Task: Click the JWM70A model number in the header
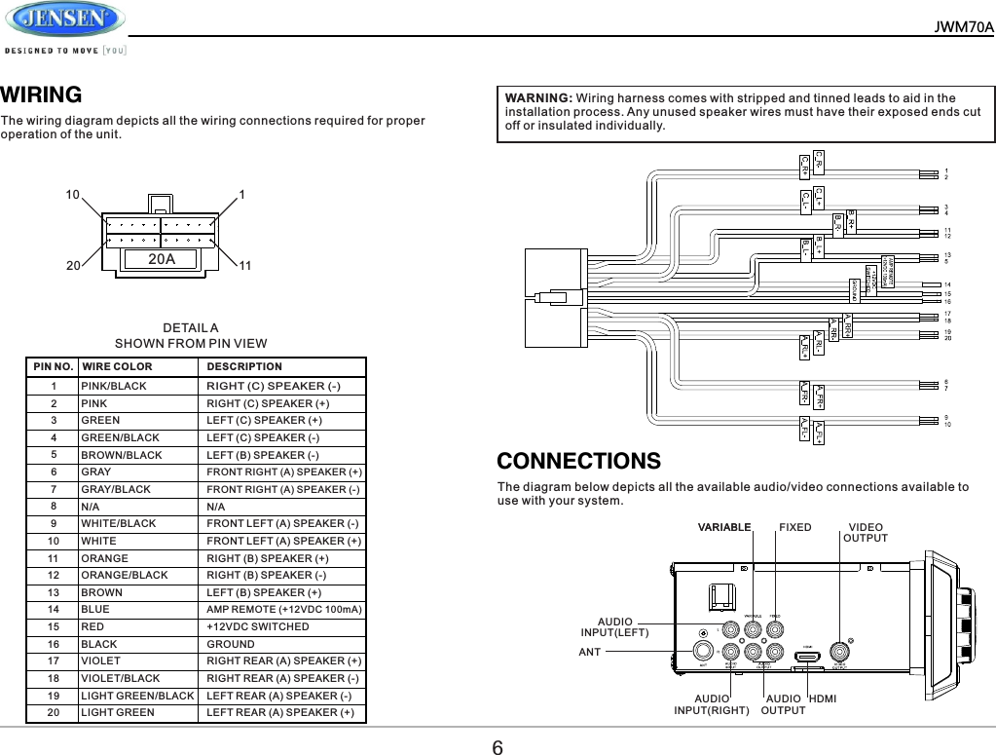click(x=964, y=26)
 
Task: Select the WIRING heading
click(x=41, y=94)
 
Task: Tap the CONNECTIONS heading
click(x=578, y=460)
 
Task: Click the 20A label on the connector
click(x=162, y=259)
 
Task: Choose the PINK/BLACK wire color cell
click(x=114, y=386)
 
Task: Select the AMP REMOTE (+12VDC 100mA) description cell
click(x=284, y=609)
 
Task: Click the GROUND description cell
click(x=231, y=644)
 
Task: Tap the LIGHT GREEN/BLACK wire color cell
click(x=137, y=696)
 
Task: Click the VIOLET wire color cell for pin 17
click(x=101, y=661)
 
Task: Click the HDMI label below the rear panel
click(x=824, y=698)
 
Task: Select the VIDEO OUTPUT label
click(x=866, y=533)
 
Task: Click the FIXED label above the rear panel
click(x=794, y=527)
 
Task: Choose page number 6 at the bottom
click(x=497, y=746)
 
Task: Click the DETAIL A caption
click(x=191, y=328)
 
